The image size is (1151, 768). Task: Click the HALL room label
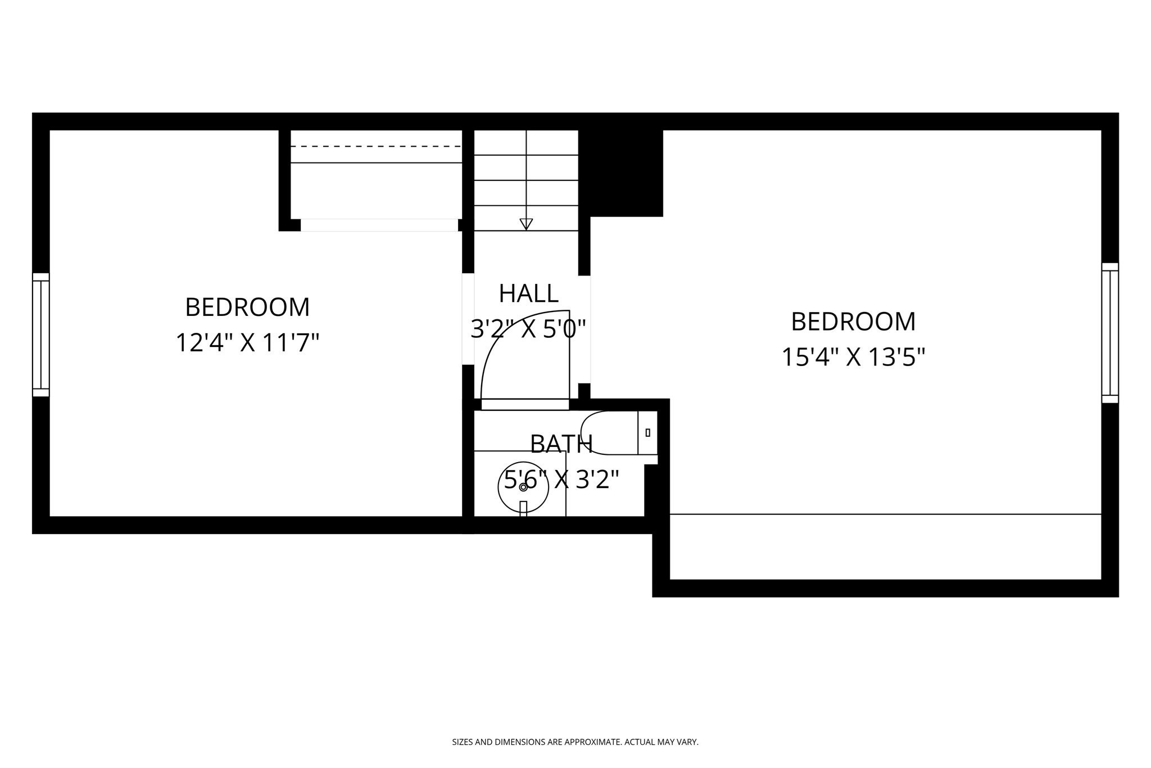tap(528, 293)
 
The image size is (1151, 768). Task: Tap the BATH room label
tap(561, 444)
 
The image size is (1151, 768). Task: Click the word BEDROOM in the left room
tap(247, 308)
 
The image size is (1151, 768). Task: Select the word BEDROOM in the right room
tap(853, 322)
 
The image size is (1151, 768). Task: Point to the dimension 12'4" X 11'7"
tap(247, 343)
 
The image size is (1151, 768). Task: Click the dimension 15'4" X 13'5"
tap(853, 357)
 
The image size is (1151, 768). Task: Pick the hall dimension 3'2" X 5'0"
tap(528, 329)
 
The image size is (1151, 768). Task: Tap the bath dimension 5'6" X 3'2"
tap(561, 480)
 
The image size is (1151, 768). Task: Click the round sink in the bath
tap(523, 487)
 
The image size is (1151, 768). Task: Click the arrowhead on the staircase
tap(526, 224)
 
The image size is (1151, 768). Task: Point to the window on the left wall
tap(41, 335)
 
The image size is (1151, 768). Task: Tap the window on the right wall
tap(1109, 333)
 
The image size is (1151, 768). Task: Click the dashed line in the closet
tap(375, 146)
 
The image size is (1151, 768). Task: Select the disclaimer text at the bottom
tap(575, 742)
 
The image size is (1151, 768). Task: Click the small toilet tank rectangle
tap(648, 432)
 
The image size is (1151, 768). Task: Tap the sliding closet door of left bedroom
tap(379, 225)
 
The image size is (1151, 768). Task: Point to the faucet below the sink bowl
tap(523, 508)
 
